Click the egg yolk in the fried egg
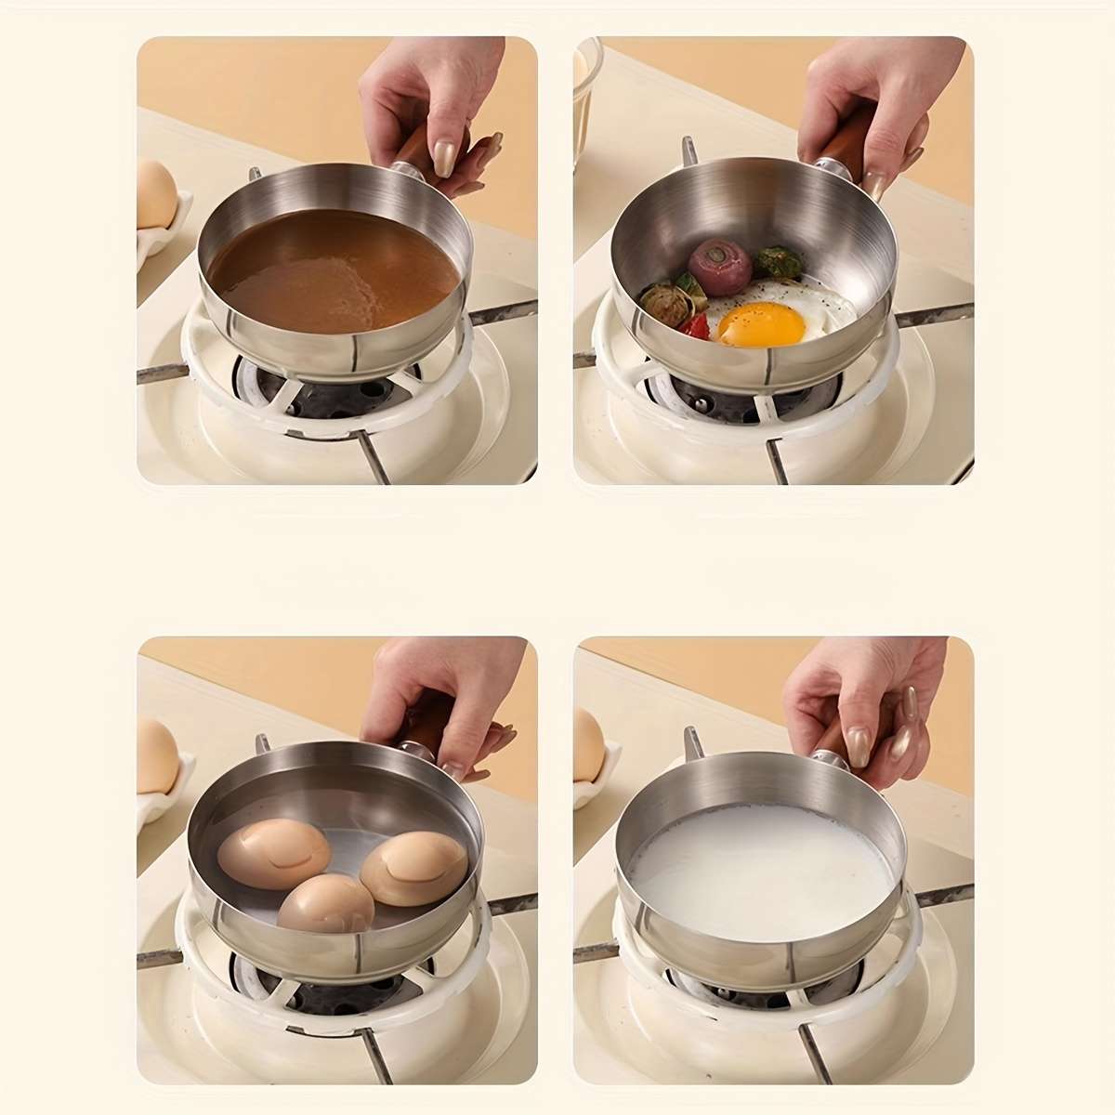(761, 323)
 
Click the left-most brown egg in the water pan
(272, 852)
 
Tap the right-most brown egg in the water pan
(413, 865)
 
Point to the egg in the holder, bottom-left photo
(157, 756)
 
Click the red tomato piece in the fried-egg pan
(695, 326)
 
